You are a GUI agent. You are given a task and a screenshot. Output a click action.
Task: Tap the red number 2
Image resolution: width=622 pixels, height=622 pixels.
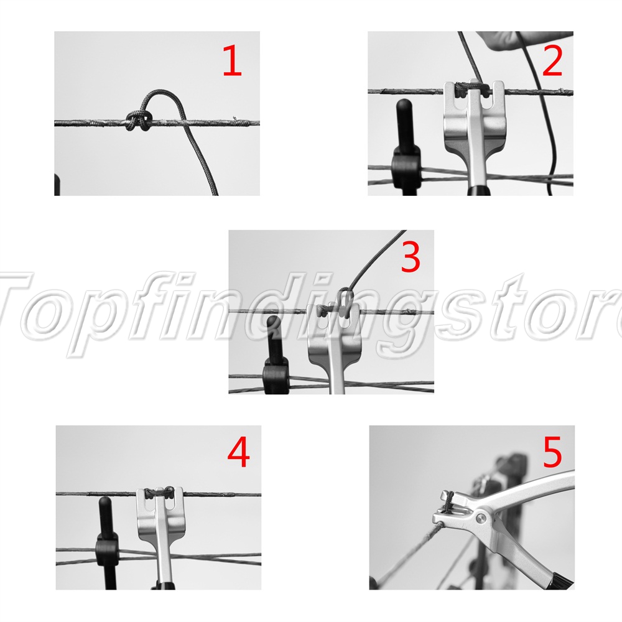[x=552, y=60]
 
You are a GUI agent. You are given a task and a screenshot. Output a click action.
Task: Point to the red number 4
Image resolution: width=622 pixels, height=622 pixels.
[x=238, y=452]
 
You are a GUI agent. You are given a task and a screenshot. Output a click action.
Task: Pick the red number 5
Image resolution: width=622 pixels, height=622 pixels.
[x=552, y=452]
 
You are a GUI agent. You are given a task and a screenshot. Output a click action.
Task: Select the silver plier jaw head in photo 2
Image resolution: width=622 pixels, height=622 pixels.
[x=473, y=119]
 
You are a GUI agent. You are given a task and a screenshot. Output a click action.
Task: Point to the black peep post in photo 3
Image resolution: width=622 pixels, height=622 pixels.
[x=276, y=355]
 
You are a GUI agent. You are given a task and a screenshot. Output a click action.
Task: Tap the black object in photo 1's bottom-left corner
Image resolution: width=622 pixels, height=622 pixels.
[x=57, y=185]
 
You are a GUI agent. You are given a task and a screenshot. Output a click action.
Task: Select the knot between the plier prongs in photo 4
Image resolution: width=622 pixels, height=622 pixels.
[x=159, y=493]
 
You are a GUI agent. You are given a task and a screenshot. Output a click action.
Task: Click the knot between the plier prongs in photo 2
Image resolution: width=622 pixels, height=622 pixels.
[x=471, y=88]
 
